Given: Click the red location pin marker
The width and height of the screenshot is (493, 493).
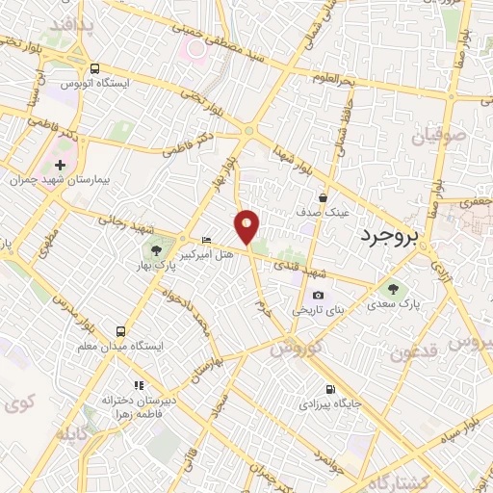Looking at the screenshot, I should click(x=247, y=227).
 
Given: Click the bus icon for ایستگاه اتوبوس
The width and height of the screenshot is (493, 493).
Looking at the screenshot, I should click(x=94, y=68).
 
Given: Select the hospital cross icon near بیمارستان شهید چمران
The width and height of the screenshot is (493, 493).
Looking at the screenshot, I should click(x=61, y=165).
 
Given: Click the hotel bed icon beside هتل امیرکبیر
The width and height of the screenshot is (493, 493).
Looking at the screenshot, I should click(x=206, y=239).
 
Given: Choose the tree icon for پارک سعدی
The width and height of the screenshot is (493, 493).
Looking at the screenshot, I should click(x=392, y=288).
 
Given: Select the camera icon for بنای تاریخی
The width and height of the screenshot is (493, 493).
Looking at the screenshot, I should click(x=318, y=296).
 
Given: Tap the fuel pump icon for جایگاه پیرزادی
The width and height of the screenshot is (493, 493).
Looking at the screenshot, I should click(x=331, y=390).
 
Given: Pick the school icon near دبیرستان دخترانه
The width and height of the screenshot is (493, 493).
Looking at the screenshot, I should click(x=122, y=381).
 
